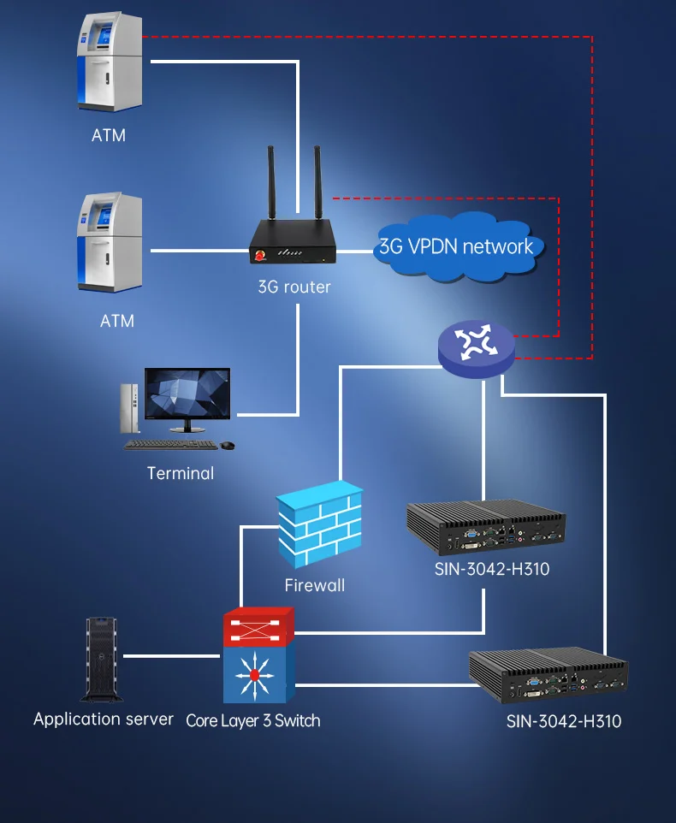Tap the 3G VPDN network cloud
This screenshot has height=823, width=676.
coord(456,246)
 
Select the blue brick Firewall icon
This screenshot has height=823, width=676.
coord(320,524)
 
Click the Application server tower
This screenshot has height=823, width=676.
coord(102,660)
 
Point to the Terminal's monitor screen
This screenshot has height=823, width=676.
coord(187,394)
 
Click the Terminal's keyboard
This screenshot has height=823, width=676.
coord(170,445)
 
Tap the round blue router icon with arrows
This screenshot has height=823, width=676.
coord(477,348)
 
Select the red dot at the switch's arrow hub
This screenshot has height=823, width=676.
coord(254,676)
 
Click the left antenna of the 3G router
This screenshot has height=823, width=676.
coord(271,183)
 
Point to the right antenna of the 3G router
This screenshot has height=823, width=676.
coord(317,183)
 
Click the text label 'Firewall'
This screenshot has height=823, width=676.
coord(315,585)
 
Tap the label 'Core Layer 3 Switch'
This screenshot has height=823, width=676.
coord(253,720)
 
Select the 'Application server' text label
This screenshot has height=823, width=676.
coord(104,719)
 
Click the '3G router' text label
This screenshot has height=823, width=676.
coord(294,287)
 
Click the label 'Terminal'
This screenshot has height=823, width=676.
coord(181,473)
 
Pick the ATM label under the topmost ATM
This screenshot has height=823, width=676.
coord(109,135)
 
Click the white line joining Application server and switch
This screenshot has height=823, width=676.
coord(172,656)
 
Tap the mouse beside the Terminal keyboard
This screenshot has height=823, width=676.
coord(228,446)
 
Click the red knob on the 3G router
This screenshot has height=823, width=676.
coord(260,257)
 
